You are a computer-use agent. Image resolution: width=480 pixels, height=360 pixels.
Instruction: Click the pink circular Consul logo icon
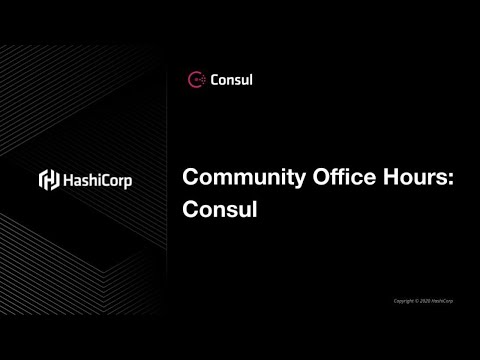[x=196, y=79]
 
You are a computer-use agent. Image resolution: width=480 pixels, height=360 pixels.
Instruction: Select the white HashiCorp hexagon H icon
[x=47, y=181]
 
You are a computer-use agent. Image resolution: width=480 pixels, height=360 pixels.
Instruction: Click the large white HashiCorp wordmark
[x=95, y=181]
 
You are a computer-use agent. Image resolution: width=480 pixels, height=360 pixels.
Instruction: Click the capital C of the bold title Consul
[x=189, y=210]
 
